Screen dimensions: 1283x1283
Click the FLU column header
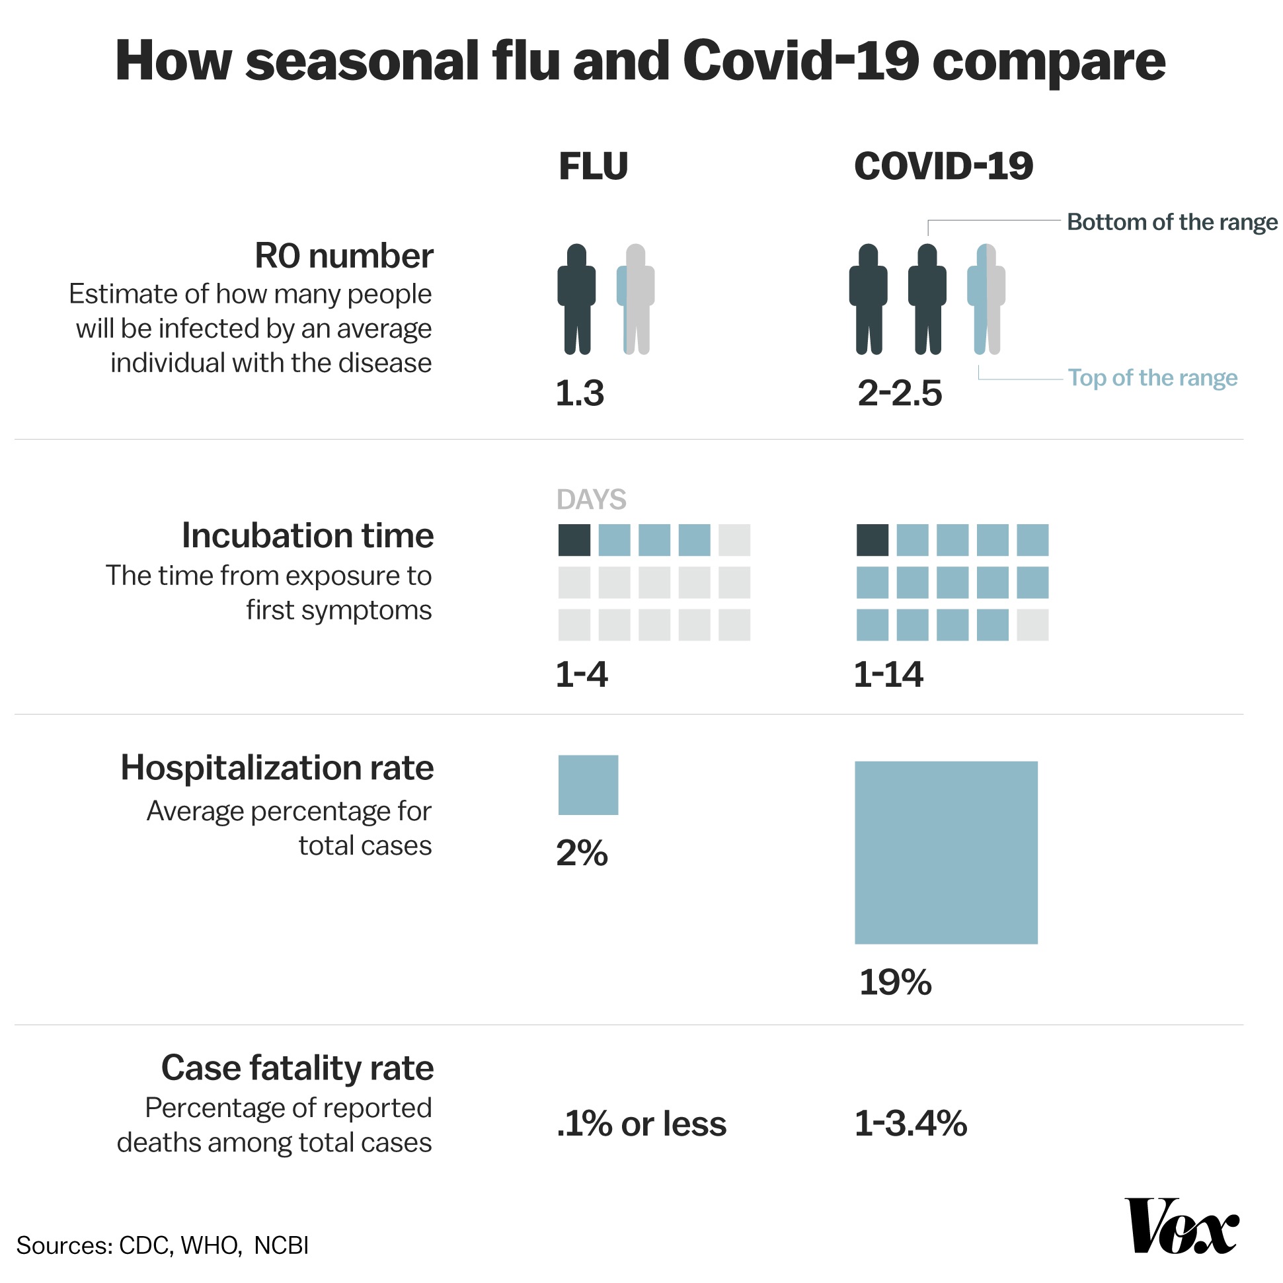(x=593, y=166)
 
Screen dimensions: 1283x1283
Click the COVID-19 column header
(x=943, y=166)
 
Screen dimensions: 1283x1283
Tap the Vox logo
(x=1181, y=1225)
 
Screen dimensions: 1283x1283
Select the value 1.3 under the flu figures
(x=580, y=393)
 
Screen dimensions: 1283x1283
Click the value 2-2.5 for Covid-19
(x=899, y=393)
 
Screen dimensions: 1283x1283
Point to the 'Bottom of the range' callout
(x=1171, y=222)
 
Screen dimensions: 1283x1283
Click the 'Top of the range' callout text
(x=1152, y=378)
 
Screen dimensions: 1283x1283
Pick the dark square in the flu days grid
(x=574, y=540)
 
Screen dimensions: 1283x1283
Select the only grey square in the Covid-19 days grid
(x=1032, y=625)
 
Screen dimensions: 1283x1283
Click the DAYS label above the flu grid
(x=591, y=500)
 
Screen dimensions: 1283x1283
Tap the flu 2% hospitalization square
(x=588, y=785)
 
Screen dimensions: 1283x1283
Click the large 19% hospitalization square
(x=946, y=853)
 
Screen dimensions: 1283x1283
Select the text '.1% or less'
(x=641, y=1124)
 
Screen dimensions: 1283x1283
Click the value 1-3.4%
(x=910, y=1124)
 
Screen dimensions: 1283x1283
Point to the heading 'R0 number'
(x=344, y=256)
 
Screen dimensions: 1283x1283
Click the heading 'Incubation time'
(x=307, y=535)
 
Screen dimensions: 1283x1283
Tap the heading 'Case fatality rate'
(x=297, y=1068)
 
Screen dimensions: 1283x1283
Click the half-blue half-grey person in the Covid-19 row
(x=986, y=299)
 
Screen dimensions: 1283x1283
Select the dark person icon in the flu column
(x=576, y=299)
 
